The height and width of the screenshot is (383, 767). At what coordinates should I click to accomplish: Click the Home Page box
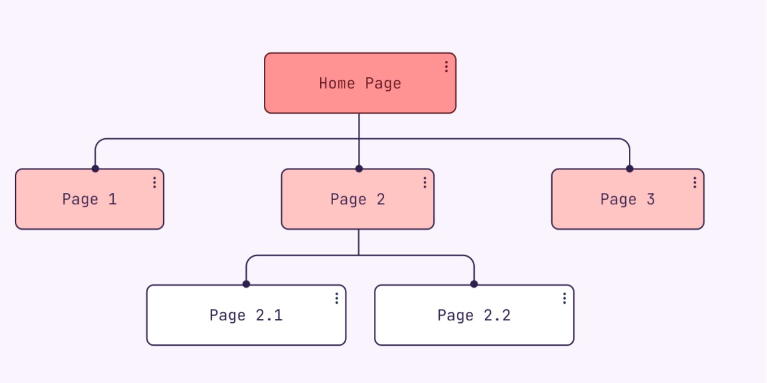pos(360,83)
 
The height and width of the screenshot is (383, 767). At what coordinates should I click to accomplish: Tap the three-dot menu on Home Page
pos(446,66)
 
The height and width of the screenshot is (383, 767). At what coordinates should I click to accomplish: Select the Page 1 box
pos(90,199)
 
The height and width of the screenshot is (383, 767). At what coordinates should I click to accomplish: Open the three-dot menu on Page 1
pos(155,183)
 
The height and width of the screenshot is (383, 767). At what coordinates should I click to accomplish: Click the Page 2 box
pos(358,199)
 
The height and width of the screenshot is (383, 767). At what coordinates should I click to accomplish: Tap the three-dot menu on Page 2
pos(424,183)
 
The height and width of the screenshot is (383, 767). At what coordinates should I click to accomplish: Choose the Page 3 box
pos(628,199)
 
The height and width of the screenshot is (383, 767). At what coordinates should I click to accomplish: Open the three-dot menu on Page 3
pos(695,183)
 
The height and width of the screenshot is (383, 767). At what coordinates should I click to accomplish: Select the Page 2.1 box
pos(246,315)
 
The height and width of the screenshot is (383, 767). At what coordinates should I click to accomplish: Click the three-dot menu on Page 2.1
pos(337,299)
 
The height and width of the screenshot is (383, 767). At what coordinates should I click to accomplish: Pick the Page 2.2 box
pos(474,315)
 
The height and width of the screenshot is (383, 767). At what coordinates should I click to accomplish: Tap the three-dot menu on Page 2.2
pos(564,299)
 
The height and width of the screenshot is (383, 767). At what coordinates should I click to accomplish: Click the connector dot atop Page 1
pos(96,168)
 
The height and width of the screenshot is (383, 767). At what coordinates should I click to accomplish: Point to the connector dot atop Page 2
pos(359,168)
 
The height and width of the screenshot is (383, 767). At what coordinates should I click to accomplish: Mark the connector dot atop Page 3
pos(629,168)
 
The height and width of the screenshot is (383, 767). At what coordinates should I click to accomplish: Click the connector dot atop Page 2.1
pos(246,284)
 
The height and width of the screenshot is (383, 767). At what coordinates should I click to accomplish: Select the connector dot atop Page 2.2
pos(474,284)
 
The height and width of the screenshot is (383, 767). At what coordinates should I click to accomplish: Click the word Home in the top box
pos(337,83)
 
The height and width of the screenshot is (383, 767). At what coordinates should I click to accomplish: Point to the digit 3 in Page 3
pos(651,199)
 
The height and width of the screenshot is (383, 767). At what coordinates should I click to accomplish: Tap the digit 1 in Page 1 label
pos(112,199)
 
